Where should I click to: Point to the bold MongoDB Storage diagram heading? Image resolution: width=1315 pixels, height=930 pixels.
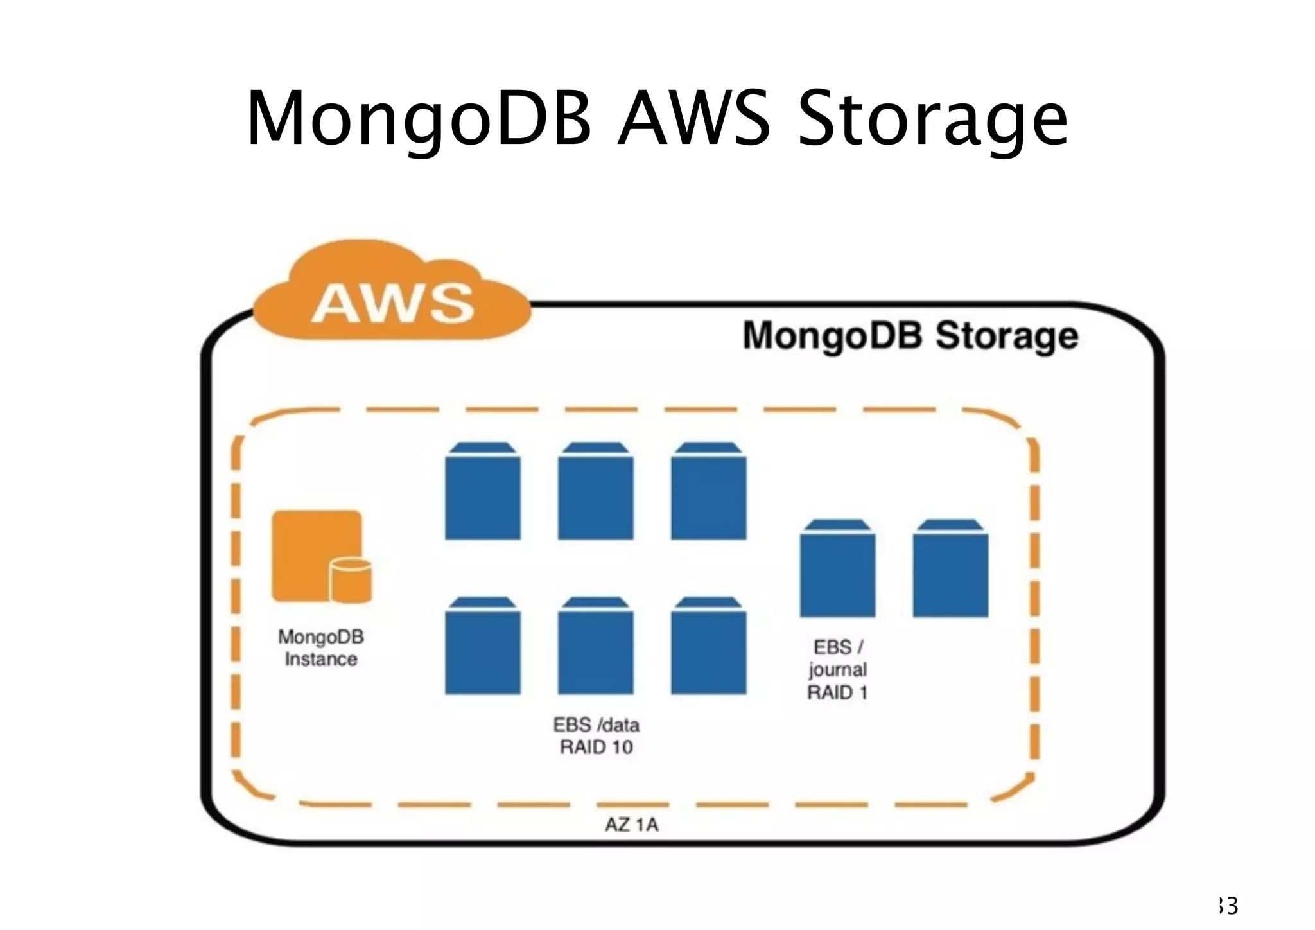pos(910,336)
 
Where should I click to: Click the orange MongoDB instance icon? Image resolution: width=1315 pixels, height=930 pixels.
pos(317,555)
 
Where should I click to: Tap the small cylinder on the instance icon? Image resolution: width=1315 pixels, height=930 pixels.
pos(351,579)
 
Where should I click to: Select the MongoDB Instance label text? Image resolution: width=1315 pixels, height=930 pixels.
pos(321,648)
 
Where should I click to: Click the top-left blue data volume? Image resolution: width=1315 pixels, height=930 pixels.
pos(483,491)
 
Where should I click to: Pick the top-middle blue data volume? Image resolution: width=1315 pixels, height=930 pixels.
pos(596,491)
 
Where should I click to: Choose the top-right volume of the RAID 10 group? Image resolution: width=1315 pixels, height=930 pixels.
pos(709,491)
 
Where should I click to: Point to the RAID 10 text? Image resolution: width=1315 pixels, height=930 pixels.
pos(597,748)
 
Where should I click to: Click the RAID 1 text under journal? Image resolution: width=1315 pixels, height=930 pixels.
pos(837,693)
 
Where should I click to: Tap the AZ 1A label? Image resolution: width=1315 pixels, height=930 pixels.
pos(632,825)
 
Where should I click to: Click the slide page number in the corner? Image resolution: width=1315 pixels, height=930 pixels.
pos(1228,906)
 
